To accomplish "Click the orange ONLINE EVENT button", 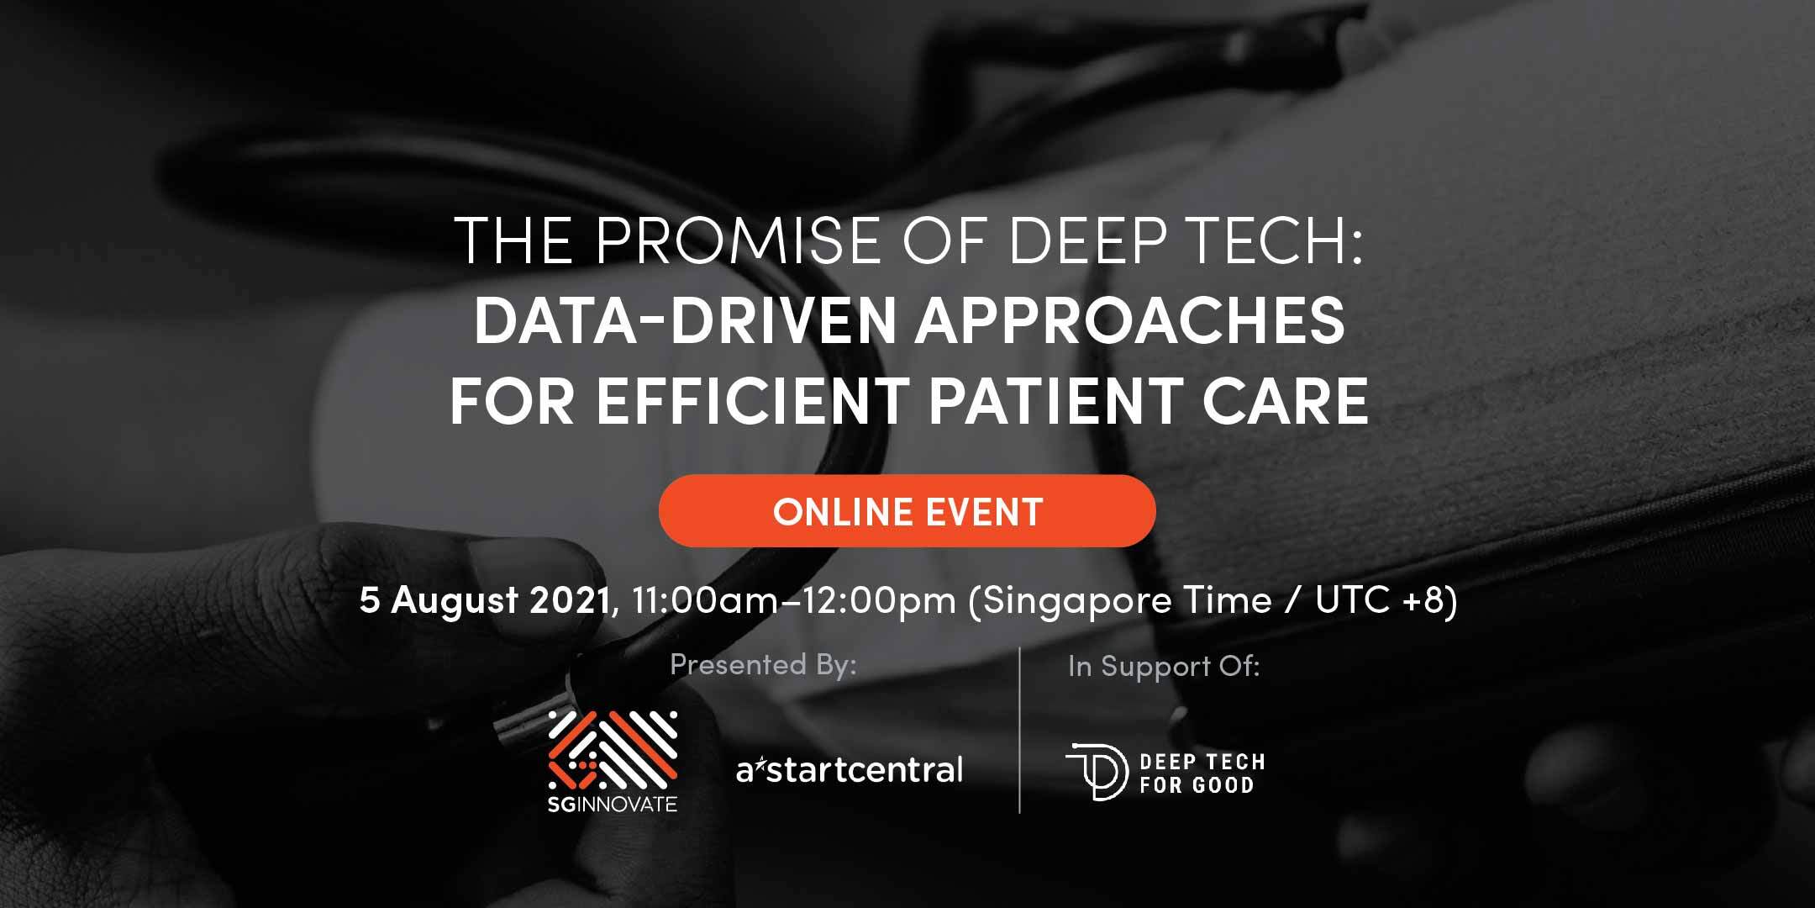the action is [x=907, y=511].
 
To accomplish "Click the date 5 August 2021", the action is [x=485, y=601].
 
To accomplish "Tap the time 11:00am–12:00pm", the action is [x=794, y=601].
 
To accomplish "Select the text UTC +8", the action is [x=1380, y=600].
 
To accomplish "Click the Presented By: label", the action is [x=763, y=665].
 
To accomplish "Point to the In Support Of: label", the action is [x=1164, y=667].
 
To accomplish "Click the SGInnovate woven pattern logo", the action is [x=613, y=750].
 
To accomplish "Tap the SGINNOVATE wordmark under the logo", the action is [x=613, y=805].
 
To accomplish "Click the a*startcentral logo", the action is [x=850, y=769].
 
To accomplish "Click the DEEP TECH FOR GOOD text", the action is [x=1202, y=773].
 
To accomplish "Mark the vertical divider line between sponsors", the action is [x=1020, y=730].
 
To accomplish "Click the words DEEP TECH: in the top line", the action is [x=1185, y=241].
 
